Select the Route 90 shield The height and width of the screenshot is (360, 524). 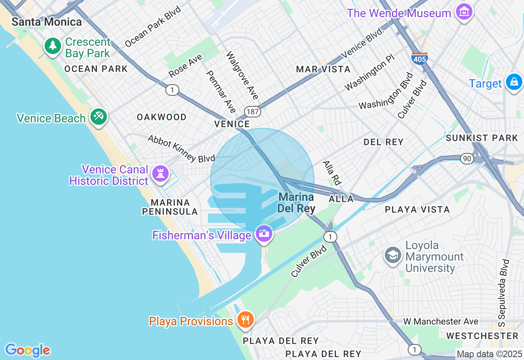[x=467, y=158]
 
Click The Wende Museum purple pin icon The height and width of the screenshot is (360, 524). [x=464, y=12]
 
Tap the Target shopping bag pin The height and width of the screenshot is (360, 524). [x=513, y=82]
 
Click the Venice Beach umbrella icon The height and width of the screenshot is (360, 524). [x=99, y=117]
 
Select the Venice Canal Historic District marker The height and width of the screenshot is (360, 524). [x=160, y=174]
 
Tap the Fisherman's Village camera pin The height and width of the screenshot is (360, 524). [x=264, y=234]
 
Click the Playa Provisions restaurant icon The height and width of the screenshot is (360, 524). [x=245, y=320]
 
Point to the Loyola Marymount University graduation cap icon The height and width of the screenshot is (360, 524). [x=393, y=255]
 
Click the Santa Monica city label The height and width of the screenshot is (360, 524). [x=46, y=22]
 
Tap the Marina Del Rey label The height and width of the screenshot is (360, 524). [x=296, y=203]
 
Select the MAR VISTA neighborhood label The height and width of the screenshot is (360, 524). [x=323, y=70]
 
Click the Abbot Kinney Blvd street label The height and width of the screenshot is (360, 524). [x=181, y=148]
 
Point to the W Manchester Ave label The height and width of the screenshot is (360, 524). [x=440, y=322]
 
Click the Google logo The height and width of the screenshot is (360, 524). [x=27, y=350]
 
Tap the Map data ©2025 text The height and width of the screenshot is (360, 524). [x=489, y=354]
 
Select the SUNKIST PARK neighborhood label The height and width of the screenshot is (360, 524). [x=482, y=138]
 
